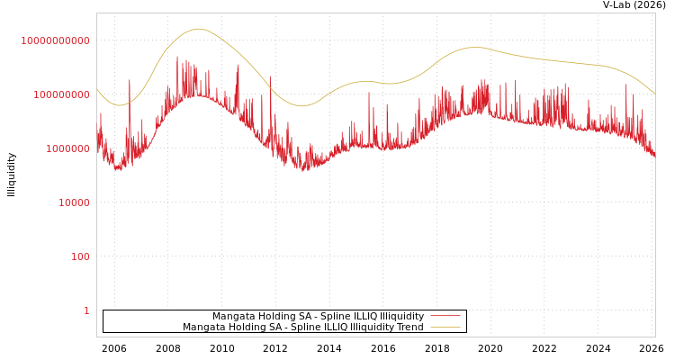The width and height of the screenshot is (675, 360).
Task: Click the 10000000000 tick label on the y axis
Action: point(55,40)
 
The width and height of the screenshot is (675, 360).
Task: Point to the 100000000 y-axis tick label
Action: point(59,94)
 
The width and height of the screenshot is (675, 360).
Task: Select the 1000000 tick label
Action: point(65,148)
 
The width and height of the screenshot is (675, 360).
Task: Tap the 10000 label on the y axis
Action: point(74,202)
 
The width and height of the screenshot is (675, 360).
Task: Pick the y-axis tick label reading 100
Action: point(80,256)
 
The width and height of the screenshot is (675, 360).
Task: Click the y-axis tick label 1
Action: point(86,310)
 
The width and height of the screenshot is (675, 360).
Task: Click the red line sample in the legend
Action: point(445,316)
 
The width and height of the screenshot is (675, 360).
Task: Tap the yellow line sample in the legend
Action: point(445,327)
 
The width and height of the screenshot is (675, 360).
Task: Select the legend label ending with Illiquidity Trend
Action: point(302,327)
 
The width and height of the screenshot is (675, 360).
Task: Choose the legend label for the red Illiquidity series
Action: point(318,316)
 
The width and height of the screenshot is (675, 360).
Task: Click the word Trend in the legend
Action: point(410,327)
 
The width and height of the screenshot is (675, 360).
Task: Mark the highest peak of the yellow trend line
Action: point(199,29)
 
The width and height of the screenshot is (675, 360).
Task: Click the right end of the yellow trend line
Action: point(655,94)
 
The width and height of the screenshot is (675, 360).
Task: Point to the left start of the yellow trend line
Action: point(97,88)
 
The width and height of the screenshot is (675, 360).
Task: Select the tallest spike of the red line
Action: point(177,56)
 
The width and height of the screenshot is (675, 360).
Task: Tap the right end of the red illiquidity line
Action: point(655,157)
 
